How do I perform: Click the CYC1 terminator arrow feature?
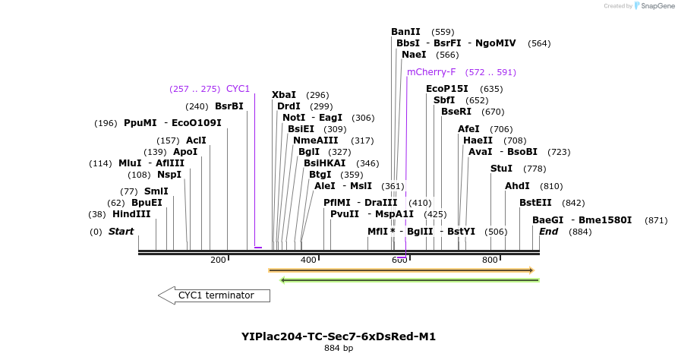[215, 295]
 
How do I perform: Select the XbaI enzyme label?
[284, 95]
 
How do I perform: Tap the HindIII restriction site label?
[131, 214]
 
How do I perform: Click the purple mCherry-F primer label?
[431, 72]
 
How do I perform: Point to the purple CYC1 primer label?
[238, 89]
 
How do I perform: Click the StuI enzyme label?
[501, 169]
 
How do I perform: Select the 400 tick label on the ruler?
[308, 260]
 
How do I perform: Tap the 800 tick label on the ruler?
[490, 260]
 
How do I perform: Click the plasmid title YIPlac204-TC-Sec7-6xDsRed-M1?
[339, 336]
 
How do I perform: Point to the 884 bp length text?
[339, 349]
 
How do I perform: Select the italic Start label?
[121, 231]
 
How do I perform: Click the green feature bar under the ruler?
[410, 280]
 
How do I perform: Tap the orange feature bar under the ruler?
[402, 270]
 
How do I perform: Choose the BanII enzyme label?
[405, 32]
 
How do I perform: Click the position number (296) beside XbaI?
[317, 95]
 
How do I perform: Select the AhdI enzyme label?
[517, 186]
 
